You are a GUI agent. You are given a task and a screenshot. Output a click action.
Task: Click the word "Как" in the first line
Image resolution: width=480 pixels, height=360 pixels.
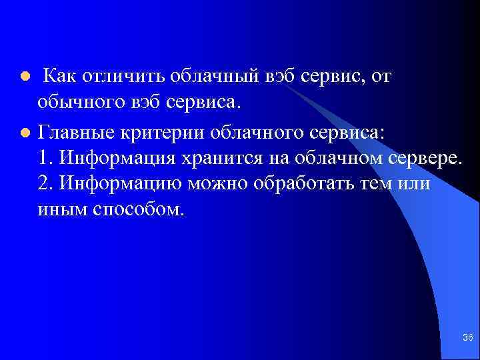[61, 77]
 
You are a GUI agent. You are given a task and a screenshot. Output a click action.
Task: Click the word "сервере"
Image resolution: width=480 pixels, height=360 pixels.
[422, 157]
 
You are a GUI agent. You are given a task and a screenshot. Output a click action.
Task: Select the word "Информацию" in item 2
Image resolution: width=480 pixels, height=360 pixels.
[121, 184]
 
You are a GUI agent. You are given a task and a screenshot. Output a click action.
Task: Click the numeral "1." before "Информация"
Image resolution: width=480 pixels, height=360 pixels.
[46, 157]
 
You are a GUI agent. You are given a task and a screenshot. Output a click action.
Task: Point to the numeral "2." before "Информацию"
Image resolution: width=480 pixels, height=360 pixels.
[46, 184]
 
